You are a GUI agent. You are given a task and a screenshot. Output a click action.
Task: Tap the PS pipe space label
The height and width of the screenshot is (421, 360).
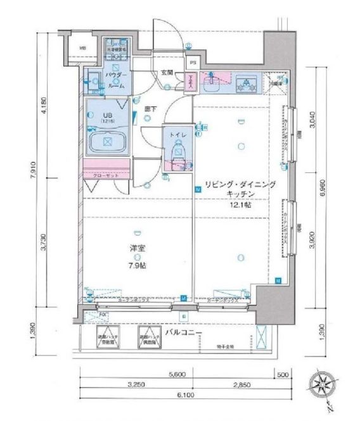tap(193, 63)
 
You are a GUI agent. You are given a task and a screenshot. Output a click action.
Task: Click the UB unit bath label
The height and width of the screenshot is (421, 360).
tap(107, 115)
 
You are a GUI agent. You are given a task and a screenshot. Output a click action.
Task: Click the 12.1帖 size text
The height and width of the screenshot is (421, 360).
tap(240, 204)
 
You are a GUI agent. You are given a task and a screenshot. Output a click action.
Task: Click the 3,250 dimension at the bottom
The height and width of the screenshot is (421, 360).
tap(134, 384)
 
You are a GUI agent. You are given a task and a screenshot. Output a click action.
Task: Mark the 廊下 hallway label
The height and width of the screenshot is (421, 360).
tap(150, 108)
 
